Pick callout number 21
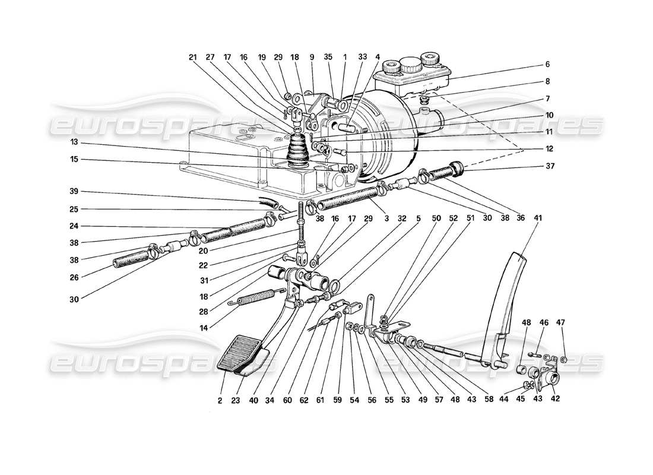pyautogui.click(x=192, y=57)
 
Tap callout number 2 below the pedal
pyautogui.click(x=220, y=401)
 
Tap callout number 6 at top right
pyautogui.click(x=547, y=64)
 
